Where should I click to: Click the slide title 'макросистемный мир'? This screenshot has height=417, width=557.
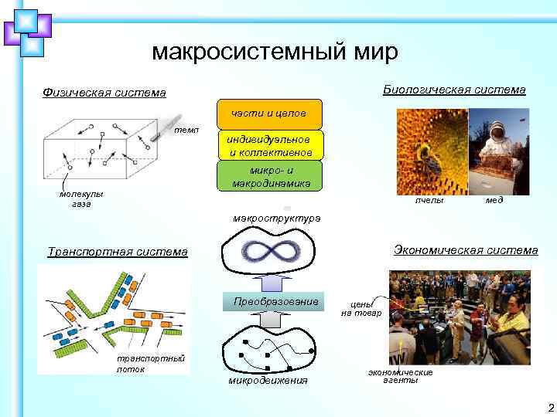275,52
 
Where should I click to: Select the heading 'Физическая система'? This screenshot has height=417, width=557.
104,93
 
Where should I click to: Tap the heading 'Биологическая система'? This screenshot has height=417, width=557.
454,90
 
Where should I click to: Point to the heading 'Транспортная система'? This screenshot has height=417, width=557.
118,252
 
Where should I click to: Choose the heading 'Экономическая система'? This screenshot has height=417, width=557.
466,249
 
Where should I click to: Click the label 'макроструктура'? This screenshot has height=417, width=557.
276,219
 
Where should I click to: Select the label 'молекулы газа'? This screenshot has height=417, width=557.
81,199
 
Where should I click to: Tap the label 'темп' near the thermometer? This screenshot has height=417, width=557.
186,131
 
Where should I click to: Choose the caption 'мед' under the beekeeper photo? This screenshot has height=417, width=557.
494,200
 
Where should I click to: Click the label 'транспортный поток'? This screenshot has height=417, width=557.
139,364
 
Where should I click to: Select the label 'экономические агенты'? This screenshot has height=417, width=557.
400,376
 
